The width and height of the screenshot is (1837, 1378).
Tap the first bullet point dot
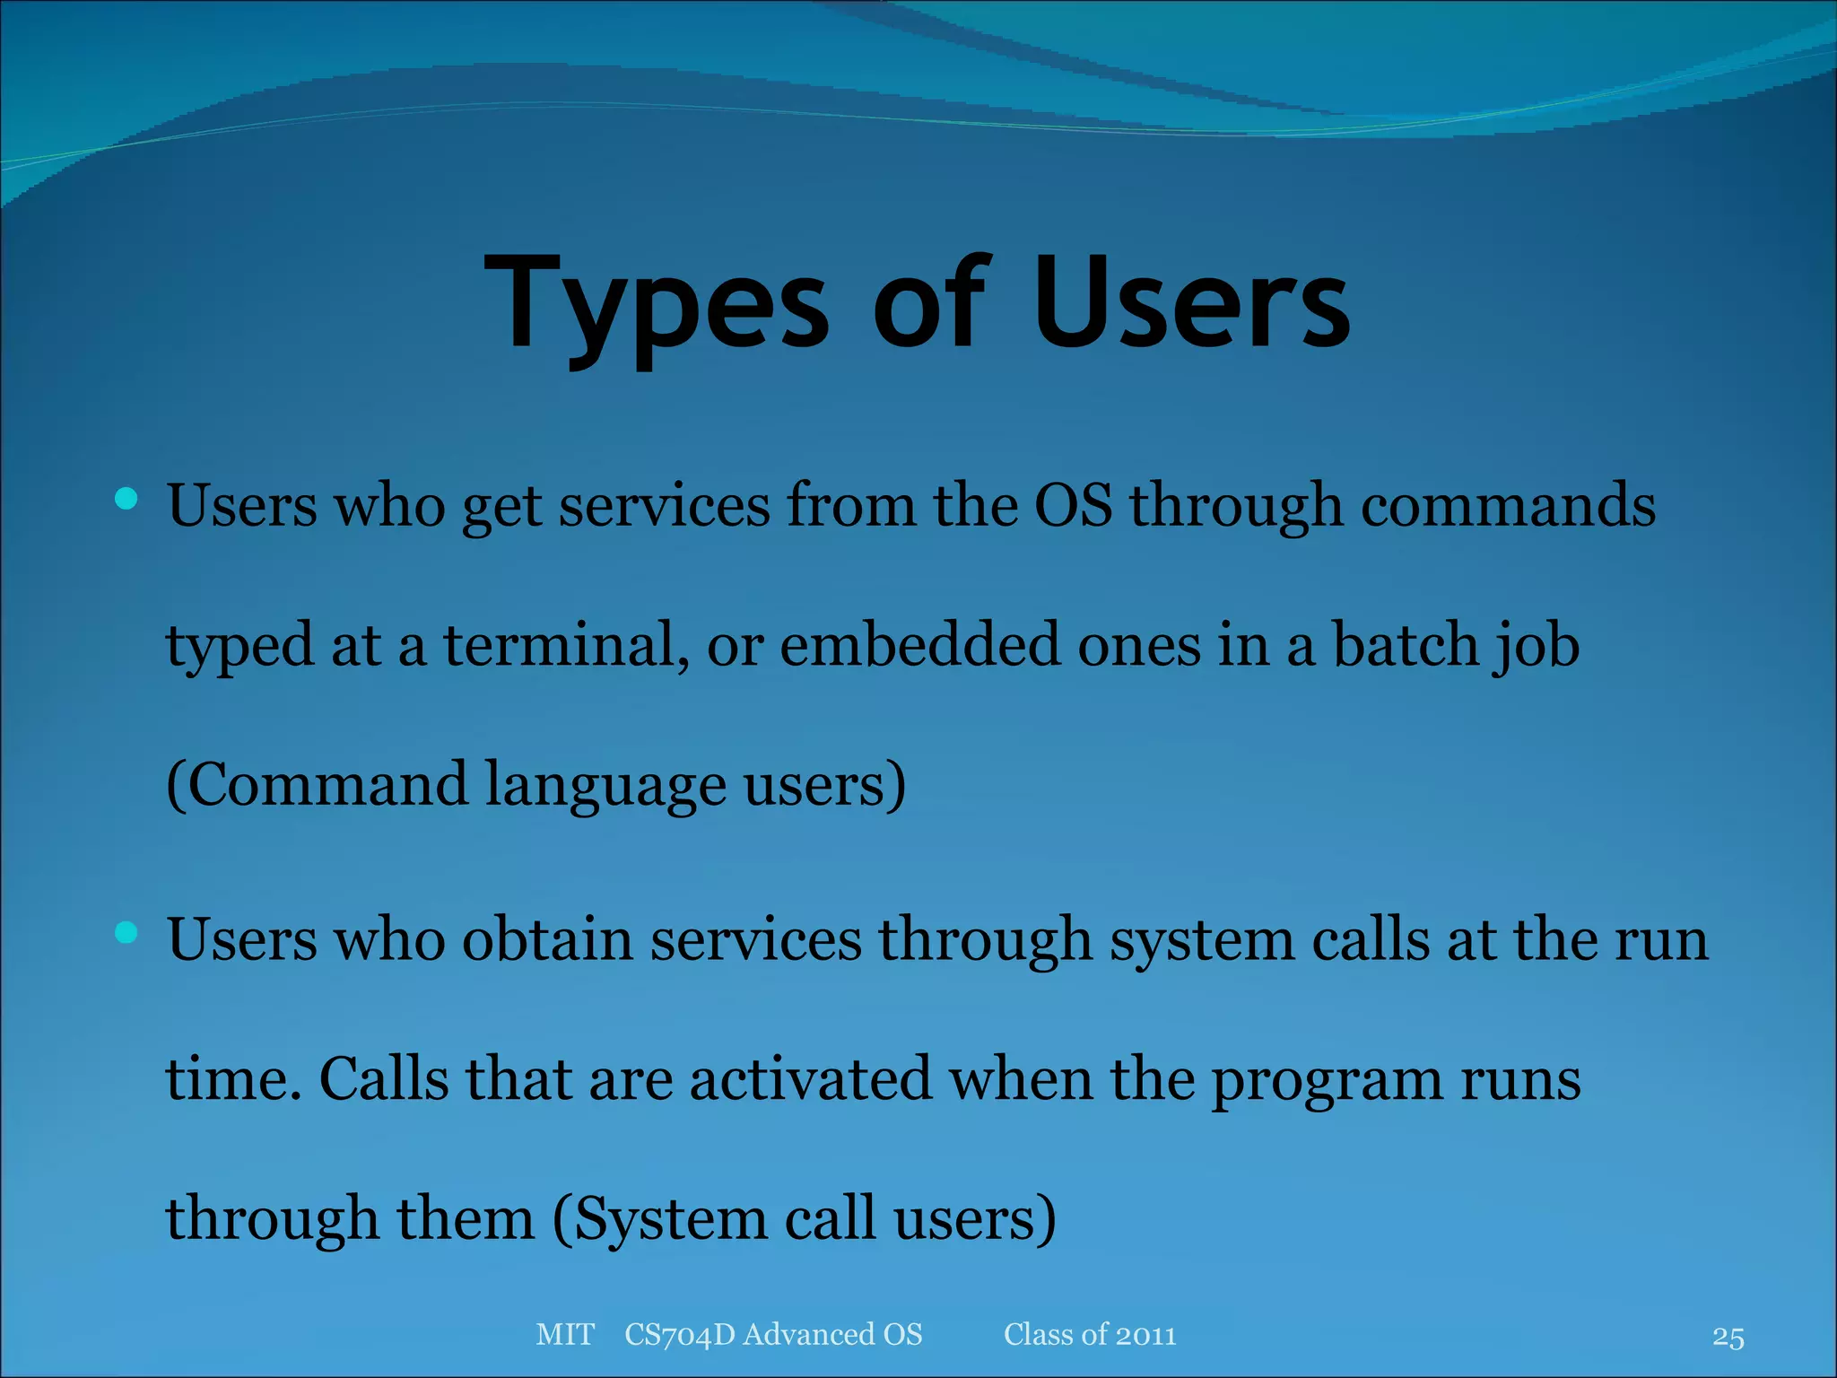pos(126,499)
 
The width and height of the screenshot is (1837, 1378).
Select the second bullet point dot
pos(126,933)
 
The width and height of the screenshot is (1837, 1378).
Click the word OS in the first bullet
pos(1073,505)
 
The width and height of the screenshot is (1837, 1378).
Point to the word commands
pos(1508,505)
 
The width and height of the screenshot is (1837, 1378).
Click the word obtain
pos(547,939)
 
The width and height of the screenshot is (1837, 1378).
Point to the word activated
pos(811,1078)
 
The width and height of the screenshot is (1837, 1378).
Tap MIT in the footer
pos(564,1334)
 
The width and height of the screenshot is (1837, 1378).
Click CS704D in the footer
pos(679,1334)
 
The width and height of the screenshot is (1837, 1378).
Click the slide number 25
pos(1728,1337)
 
